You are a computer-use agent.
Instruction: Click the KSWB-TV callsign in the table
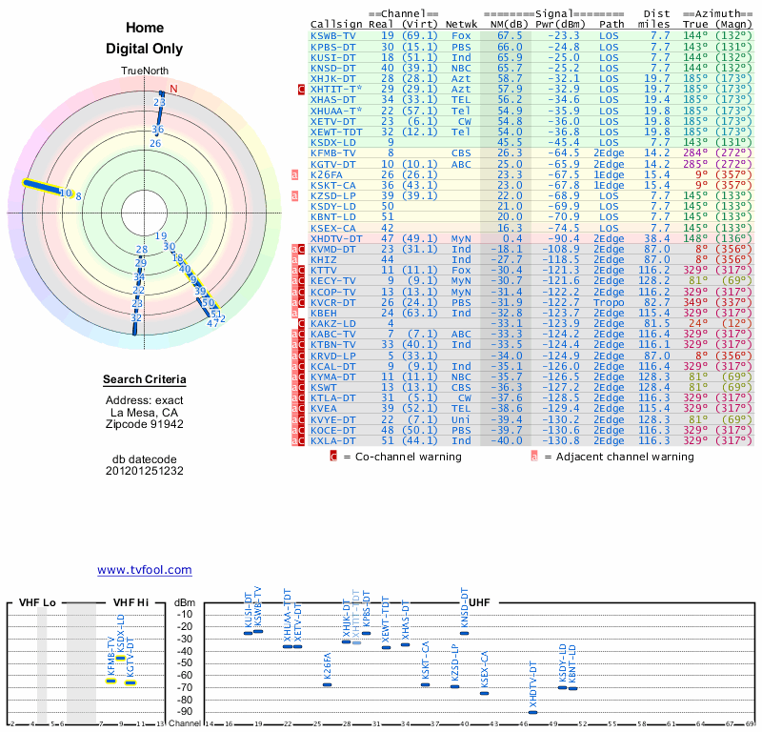click(x=333, y=35)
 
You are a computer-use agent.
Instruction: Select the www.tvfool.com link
click(x=144, y=570)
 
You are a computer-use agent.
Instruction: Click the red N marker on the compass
click(x=173, y=91)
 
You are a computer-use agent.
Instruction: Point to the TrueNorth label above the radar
click(x=144, y=71)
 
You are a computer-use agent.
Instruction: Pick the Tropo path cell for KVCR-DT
click(x=611, y=302)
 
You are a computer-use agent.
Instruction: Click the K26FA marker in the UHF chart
click(x=328, y=683)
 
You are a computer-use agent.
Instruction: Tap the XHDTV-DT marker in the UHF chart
click(x=532, y=712)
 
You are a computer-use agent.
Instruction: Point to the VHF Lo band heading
click(x=37, y=603)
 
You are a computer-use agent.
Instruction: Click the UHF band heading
click(x=481, y=603)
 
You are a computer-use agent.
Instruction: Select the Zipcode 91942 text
click(x=144, y=424)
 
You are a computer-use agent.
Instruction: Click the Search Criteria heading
click(x=144, y=380)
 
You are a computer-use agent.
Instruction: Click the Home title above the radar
click(x=144, y=28)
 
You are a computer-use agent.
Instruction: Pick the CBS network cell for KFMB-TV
click(x=461, y=152)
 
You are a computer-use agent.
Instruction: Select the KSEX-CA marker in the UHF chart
click(x=484, y=693)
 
